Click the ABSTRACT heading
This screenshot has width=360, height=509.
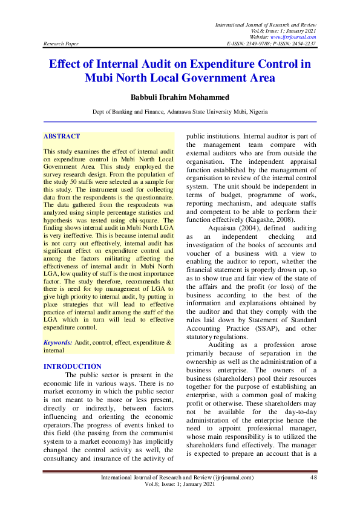(62, 137)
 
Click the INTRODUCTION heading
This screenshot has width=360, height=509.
(73, 366)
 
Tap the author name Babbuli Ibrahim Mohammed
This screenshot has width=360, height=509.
(180, 97)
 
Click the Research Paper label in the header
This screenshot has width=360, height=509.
(61, 44)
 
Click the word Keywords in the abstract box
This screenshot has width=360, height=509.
(57, 342)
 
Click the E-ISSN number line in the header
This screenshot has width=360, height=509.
(271, 44)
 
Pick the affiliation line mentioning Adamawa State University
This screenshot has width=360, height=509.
(180, 112)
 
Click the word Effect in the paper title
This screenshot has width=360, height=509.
(68, 64)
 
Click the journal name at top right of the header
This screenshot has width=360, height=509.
(266, 24)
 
